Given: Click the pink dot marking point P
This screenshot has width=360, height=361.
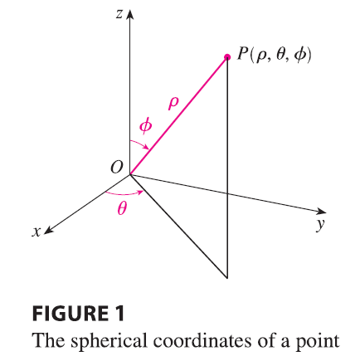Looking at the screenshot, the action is click(227, 57).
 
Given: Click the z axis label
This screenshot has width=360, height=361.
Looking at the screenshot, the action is click(119, 14).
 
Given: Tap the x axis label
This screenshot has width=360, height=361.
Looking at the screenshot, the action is click(36, 232).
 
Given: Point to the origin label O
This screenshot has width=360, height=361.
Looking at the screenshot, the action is click(116, 167).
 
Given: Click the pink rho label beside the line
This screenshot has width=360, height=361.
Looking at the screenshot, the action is click(173, 104).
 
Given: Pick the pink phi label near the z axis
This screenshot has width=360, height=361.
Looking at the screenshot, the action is click(145, 126).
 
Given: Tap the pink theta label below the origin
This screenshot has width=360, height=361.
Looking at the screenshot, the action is click(122, 208).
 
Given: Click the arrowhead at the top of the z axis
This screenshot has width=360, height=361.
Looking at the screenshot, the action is click(130, 15).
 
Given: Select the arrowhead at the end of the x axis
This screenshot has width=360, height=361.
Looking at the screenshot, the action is click(48, 230).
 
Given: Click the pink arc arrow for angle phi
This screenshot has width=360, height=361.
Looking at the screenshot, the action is click(140, 144).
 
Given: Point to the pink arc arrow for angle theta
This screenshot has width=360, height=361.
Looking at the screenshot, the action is click(124, 193).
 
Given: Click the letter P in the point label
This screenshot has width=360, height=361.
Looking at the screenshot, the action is click(242, 54).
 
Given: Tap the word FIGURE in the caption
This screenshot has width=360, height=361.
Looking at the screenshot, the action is click(70, 313).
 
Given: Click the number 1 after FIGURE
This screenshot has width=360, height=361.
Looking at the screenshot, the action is click(119, 313).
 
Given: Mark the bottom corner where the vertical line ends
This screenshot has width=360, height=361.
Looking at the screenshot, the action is click(227, 278).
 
